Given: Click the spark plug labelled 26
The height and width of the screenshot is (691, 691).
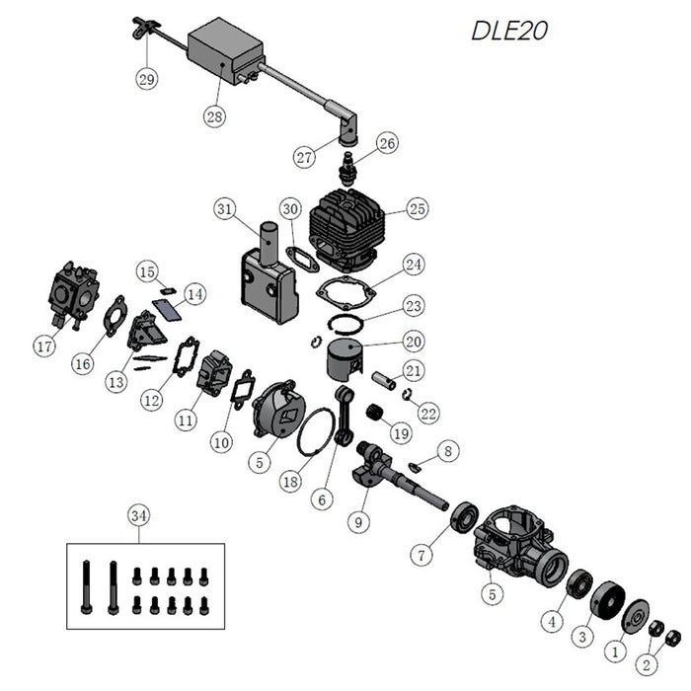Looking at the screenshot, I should (348, 162).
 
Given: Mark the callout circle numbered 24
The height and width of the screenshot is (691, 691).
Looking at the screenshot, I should (412, 265).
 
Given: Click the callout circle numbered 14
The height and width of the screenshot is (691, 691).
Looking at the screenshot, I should (195, 293).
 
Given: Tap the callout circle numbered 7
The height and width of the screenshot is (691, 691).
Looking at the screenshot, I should (422, 555).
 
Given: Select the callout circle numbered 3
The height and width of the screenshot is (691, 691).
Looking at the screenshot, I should (583, 637).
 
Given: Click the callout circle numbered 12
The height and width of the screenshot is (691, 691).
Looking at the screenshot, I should (151, 400).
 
